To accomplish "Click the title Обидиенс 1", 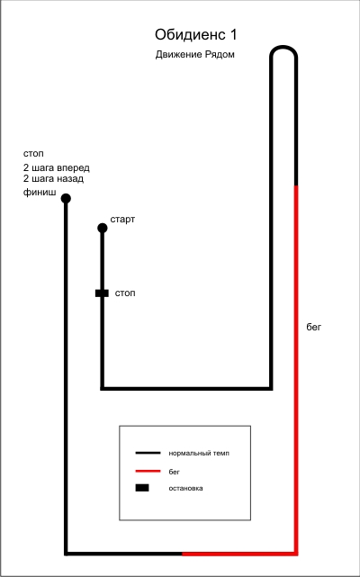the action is [x=196, y=35].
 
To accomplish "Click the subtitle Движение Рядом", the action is [x=195, y=55].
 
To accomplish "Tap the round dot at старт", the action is [x=103, y=228].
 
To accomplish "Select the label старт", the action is [x=122, y=220].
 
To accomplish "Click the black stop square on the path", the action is [x=102, y=293].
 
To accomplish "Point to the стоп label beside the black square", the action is [x=125, y=293].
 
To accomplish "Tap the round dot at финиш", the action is [x=66, y=199].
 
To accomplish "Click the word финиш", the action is [x=40, y=192].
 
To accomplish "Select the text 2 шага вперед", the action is [x=57, y=168].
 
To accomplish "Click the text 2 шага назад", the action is [x=53, y=179].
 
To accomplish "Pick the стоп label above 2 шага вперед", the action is [x=33, y=154].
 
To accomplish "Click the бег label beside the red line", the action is [x=314, y=327].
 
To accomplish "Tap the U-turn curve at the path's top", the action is [x=283, y=47].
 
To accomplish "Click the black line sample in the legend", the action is [x=148, y=453].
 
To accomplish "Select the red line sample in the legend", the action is [x=148, y=471].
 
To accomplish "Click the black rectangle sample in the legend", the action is [x=142, y=488].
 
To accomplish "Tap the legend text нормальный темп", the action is [x=199, y=454].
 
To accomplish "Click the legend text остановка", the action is [x=186, y=489].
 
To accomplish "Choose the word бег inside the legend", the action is [x=174, y=472].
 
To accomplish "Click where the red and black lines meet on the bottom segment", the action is [x=182, y=554].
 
